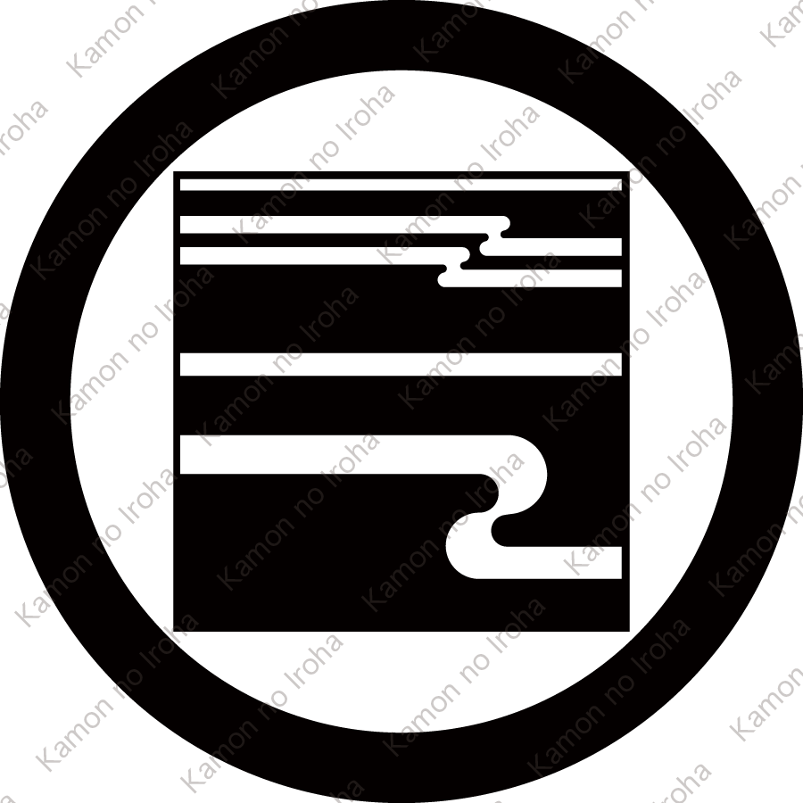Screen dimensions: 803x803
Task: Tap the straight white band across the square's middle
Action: (401, 364)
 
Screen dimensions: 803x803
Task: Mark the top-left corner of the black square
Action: (176, 173)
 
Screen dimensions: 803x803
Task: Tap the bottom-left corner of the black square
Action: (176, 629)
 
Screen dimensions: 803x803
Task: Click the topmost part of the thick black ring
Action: (401, 36)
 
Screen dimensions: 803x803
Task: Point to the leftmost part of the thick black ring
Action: (36, 401)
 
